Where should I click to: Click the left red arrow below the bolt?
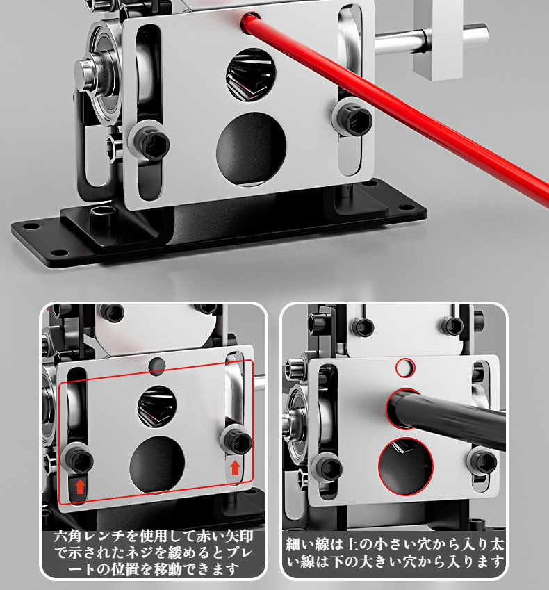tap(80, 486)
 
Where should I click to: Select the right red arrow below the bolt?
tap(235, 468)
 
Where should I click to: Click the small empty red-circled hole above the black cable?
tap(405, 368)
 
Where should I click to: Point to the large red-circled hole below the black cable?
tap(406, 466)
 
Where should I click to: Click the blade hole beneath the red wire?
tap(251, 75)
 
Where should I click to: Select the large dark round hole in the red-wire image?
tap(251, 149)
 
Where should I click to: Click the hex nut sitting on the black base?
tap(102, 215)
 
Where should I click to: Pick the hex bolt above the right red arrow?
tap(237, 441)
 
